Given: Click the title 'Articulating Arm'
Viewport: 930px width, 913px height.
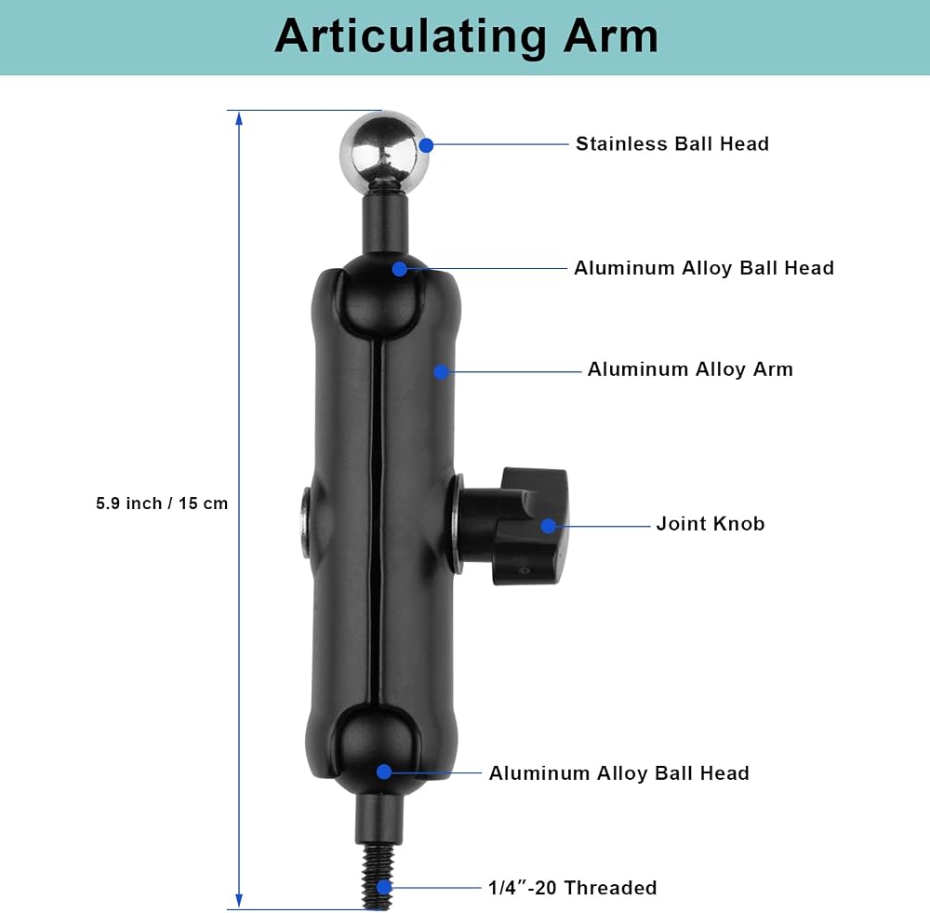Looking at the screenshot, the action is pyautogui.click(x=466, y=37).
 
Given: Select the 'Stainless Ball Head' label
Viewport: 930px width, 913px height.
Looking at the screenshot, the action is pyautogui.click(x=672, y=143).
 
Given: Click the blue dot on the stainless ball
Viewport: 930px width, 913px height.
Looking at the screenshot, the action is pyautogui.click(x=425, y=145).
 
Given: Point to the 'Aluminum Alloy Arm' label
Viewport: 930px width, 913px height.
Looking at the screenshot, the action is pyautogui.click(x=690, y=369).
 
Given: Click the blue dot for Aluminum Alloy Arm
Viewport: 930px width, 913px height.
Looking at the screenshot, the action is pyautogui.click(x=441, y=371).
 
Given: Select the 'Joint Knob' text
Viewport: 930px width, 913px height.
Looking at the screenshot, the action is pyautogui.click(x=710, y=524).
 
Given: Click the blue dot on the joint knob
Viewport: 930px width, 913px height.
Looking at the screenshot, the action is pyautogui.click(x=549, y=525).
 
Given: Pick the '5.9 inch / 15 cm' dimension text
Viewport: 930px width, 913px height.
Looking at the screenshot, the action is pyautogui.click(x=162, y=503).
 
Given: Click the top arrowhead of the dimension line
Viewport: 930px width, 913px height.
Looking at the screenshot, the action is pyautogui.click(x=239, y=119).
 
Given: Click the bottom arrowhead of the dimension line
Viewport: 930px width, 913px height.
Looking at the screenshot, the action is pyautogui.click(x=239, y=900).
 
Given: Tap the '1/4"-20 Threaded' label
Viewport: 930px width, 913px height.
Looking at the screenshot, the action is pyautogui.click(x=572, y=888).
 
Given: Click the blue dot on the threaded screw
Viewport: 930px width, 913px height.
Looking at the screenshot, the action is pyautogui.click(x=384, y=887).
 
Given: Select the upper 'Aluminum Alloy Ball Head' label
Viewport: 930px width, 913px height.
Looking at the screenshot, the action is pyautogui.click(x=703, y=268).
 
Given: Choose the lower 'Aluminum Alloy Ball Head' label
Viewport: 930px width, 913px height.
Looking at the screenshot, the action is pyautogui.click(x=618, y=772).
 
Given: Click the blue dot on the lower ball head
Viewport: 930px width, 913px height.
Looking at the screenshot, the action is pyautogui.click(x=384, y=772).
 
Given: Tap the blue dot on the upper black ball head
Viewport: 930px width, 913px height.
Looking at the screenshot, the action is pyautogui.click(x=400, y=269).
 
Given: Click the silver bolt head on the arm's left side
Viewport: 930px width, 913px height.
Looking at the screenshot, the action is pyautogui.click(x=306, y=522).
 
